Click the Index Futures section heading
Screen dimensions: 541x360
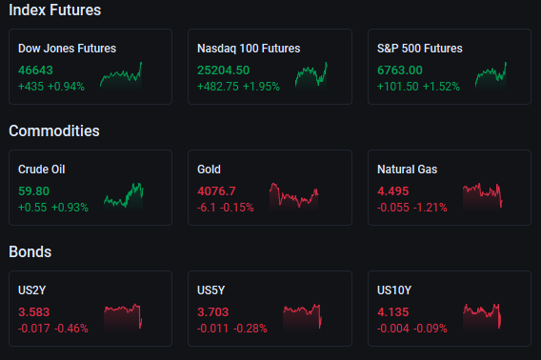click(55, 10)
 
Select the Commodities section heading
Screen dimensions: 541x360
click(54, 130)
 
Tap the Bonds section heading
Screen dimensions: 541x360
click(30, 251)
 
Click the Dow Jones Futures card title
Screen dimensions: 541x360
click(67, 49)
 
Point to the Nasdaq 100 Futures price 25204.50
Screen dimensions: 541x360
click(223, 70)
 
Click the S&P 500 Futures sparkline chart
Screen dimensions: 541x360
click(491, 75)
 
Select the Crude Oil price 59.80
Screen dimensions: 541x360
click(34, 191)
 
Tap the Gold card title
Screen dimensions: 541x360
click(209, 170)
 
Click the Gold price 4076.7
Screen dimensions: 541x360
click(216, 191)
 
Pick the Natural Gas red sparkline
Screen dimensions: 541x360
click(482, 195)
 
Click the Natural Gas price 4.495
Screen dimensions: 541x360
click(393, 191)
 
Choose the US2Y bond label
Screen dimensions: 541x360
click(31, 290)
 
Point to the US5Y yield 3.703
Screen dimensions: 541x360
click(213, 312)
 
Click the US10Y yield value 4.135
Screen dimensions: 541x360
click(393, 312)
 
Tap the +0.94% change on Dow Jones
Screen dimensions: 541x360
click(66, 87)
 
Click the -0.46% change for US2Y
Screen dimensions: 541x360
click(71, 329)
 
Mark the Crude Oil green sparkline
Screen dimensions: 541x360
click(124, 195)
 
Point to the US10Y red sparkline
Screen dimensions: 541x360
click(482, 316)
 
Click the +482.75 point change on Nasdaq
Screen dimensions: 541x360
click(218, 87)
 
